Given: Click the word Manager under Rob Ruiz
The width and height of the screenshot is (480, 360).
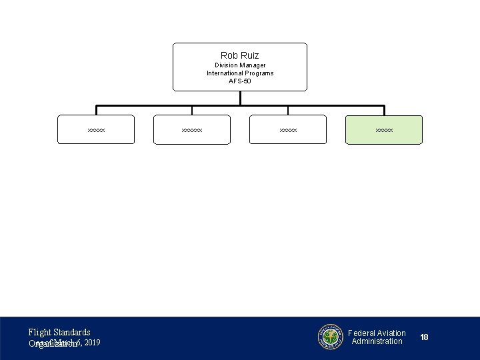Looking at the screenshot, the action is [x=253, y=65].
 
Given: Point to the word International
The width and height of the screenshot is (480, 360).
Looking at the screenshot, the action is [x=225, y=73].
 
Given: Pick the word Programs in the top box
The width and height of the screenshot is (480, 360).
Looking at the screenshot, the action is [x=259, y=73].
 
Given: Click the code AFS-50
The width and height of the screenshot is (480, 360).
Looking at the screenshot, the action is [x=240, y=81].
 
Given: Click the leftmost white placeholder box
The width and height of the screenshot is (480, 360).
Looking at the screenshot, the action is [x=96, y=130].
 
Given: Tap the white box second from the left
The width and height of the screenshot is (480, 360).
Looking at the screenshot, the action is [x=192, y=130].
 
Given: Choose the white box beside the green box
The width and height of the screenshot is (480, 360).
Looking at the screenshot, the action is [x=288, y=130].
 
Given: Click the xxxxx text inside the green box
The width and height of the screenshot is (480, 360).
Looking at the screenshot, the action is [x=384, y=130].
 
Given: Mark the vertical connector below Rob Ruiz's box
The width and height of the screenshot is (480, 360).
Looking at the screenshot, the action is [x=240, y=98].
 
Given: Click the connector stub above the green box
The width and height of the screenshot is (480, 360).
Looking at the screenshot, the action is [x=384, y=111].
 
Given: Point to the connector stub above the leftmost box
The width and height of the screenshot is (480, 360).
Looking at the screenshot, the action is [x=96, y=111].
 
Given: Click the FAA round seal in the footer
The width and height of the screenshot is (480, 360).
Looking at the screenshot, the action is [x=330, y=337].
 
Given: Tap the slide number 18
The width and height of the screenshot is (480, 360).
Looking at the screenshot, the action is [x=425, y=337].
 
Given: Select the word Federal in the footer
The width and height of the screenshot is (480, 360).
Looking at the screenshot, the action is [x=362, y=333].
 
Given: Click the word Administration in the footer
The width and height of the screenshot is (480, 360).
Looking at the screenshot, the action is [x=377, y=341].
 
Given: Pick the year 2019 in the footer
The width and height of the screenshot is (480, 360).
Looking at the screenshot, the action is [x=93, y=343].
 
